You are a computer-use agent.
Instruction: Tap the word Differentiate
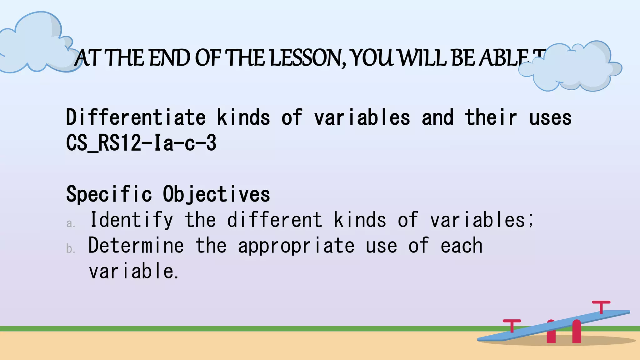[x=136, y=117]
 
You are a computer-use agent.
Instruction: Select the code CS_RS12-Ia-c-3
[x=141, y=143]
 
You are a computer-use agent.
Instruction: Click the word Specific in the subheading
[x=109, y=194]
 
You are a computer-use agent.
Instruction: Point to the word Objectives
[x=216, y=194]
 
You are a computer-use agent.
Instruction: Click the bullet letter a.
[x=71, y=223]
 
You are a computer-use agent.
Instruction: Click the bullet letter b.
[x=71, y=249]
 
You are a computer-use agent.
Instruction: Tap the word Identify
[x=132, y=220]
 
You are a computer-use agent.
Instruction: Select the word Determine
[x=136, y=246]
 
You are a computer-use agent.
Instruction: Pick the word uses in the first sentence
[x=550, y=118]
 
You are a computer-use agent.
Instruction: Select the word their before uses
[x=491, y=117]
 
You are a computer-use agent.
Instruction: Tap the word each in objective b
[x=461, y=246]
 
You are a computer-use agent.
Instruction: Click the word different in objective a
[x=275, y=220]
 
